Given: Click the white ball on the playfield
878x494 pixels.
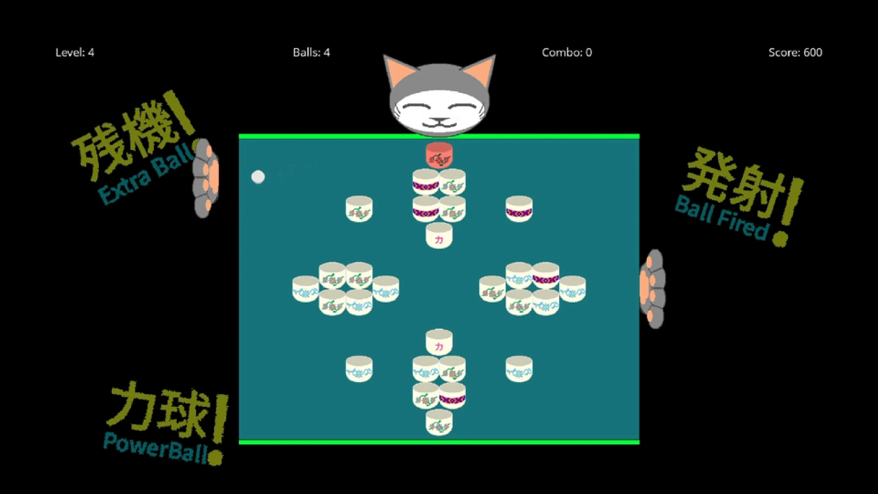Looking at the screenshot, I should [x=258, y=177].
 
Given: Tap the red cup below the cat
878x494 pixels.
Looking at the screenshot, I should [x=439, y=155].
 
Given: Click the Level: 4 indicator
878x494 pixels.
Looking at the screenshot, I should [x=74, y=53].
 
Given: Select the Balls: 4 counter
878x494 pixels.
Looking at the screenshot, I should [x=311, y=53].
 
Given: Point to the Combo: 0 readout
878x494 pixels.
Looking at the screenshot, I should [x=567, y=53].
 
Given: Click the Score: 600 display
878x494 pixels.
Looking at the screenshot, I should [x=795, y=53].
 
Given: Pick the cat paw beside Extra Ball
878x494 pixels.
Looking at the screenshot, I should [x=206, y=178].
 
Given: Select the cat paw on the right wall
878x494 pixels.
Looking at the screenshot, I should [x=652, y=289].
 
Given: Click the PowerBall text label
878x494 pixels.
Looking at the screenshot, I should [x=156, y=448].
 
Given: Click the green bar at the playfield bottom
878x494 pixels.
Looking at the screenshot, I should [x=439, y=442].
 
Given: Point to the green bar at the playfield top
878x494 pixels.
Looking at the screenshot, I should [x=439, y=136].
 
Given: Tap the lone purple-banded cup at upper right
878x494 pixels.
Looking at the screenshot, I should [x=519, y=209].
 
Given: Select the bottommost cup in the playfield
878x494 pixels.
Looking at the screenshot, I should [x=439, y=422].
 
